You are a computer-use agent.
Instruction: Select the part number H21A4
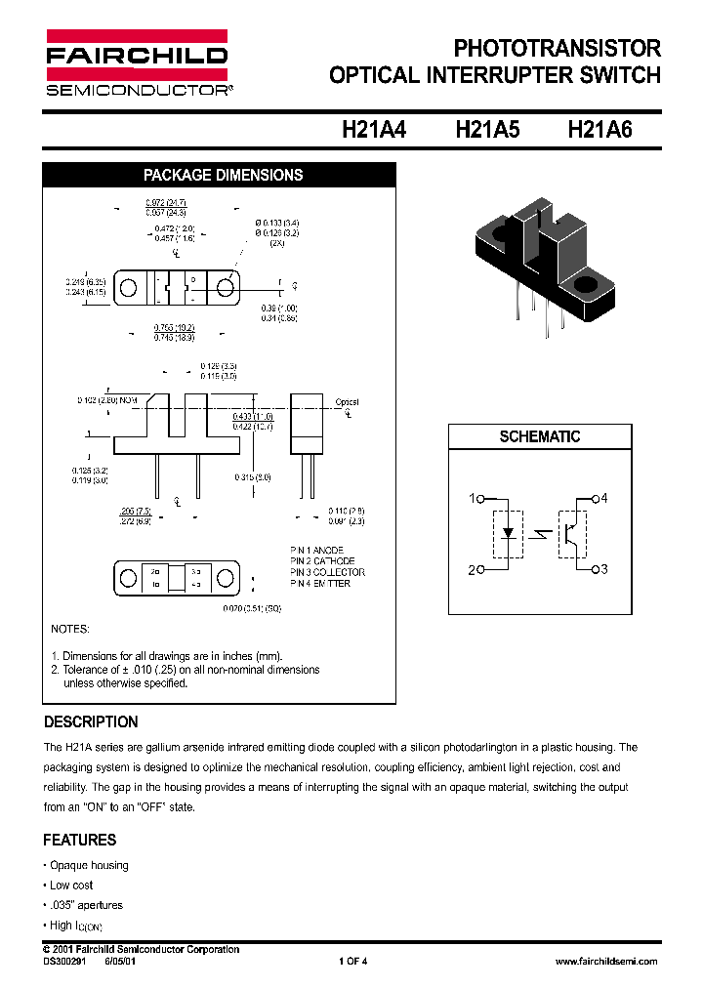tap(374, 132)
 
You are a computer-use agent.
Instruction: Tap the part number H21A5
tap(487, 132)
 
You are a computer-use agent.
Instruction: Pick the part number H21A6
tap(600, 132)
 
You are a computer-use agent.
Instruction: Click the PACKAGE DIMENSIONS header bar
tap(223, 176)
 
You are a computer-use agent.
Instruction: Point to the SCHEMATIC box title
tap(540, 437)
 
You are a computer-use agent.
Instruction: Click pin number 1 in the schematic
tap(473, 499)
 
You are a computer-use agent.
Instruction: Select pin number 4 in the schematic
tap(603, 499)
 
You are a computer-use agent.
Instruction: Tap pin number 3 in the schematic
tap(603, 569)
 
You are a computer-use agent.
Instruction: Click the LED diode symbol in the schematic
tap(508, 534)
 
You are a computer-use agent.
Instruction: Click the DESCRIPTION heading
tap(91, 722)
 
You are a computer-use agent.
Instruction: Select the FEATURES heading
tap(79, 840)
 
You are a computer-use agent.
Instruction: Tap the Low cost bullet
tap(70, 885)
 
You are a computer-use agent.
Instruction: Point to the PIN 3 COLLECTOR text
tap(328, 572)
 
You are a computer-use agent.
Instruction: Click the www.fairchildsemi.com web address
tap(605, 962)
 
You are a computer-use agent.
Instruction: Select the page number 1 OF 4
tap(352, 962)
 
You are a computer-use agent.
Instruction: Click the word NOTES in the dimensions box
tap(69, 630)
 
